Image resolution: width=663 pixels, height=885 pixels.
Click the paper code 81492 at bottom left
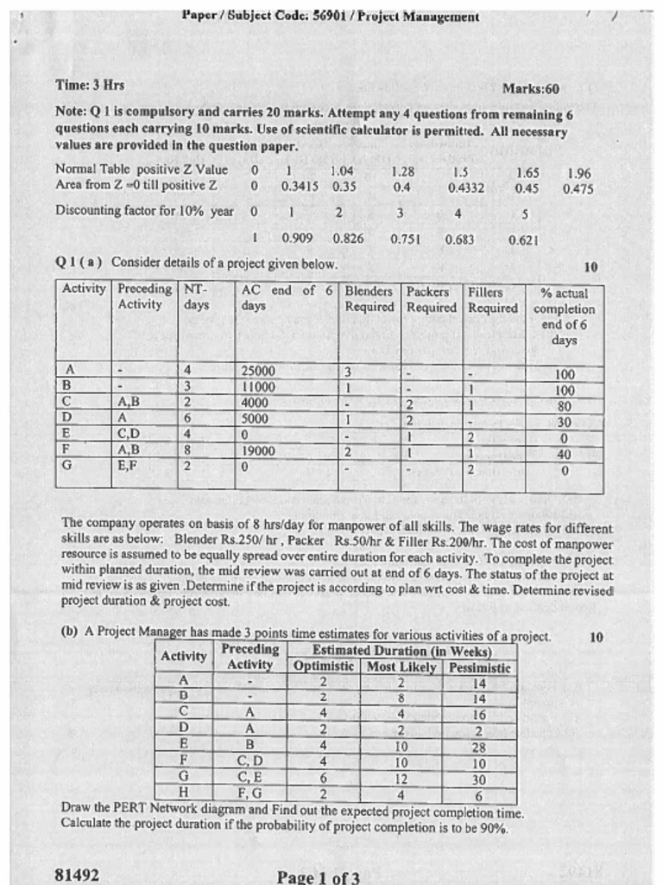[76, 875]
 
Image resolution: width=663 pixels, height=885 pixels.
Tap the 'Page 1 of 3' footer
[318, 877]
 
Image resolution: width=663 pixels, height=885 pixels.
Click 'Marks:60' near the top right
[530, 88]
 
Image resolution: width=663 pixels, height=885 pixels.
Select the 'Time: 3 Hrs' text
[90, 85]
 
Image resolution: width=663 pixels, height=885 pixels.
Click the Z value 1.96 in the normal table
[578, 173]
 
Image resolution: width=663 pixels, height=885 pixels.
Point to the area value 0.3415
[300, 187]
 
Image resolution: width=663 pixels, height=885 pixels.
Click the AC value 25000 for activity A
[258, 372]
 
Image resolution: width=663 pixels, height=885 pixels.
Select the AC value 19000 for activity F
[258, 450]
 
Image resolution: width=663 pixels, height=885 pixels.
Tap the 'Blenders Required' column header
[369, 300]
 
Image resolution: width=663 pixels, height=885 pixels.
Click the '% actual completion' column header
[565, 316]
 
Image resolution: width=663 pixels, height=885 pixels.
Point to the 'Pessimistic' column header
[479, 667]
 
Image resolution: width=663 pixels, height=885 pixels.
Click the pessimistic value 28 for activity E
[479, 746]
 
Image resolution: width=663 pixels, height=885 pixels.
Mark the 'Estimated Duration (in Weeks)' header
[401, 652]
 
